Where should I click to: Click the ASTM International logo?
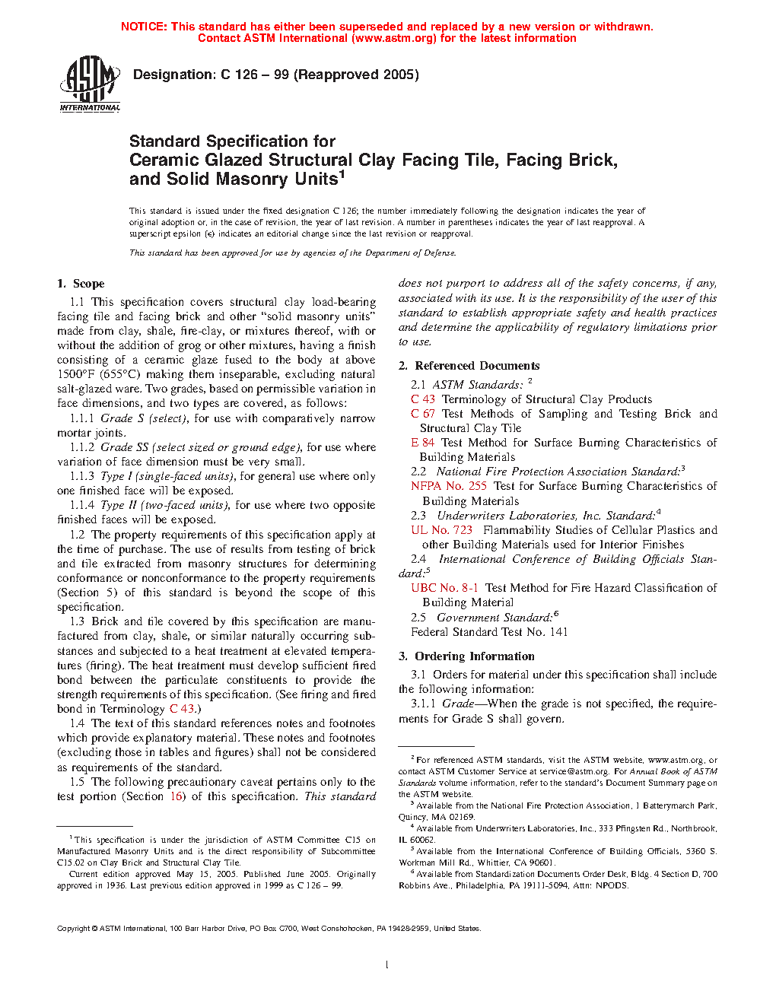coord(90,84)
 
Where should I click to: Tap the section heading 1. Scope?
coord(81,284)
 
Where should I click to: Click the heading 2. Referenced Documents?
coord(469,366)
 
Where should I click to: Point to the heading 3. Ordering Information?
coord(466,656)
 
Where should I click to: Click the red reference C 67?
coord(423,414)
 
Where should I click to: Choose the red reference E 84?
coord(423,443)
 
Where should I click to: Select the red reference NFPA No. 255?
coord(449,486)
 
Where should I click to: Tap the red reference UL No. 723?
coord(442,530)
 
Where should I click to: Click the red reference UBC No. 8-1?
coord(444,588)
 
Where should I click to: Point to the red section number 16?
coord(177,796)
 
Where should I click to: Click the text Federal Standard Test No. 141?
coord(489,632)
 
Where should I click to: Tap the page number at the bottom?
coord(387,965)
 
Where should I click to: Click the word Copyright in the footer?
coord(74,929)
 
